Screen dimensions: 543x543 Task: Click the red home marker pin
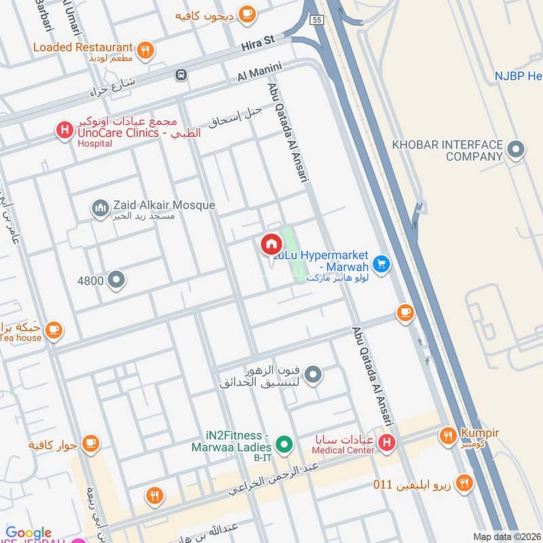pyautogui.click(x=270, y=244)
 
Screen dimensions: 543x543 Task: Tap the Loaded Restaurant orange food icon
pyautogui.click(x=145, y=50)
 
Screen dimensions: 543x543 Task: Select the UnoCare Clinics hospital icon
pyautogui.click(x=64, y=129)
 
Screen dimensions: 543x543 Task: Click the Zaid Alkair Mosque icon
pyautogui.click(x=100, y=208)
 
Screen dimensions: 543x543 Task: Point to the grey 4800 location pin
pyautogui.click(x=117, y=280)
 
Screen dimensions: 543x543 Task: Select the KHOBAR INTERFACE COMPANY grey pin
pyautogui.click(x=517, y=149)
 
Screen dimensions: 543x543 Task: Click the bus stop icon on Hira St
pyautogui.click(x=181, y=75)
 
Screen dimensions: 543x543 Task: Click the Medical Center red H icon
pyautogui.click(x=387, y=445)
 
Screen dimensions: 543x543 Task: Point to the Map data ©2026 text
pyautogui.click(x=506, y=536)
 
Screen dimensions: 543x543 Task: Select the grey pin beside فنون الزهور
pyautogui.click(x=313, y=373)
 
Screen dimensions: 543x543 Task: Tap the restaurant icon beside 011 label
pyautogui.click(x=465, y=483)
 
